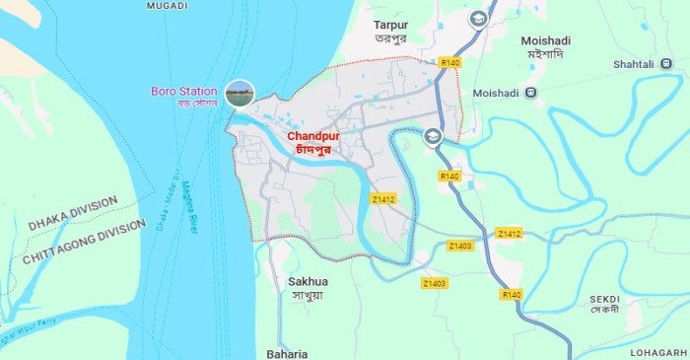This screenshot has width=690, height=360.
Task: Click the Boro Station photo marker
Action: (240, 93)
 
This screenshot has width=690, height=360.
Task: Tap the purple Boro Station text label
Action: (182, 91)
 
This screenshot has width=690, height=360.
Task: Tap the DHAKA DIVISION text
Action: (72, 213)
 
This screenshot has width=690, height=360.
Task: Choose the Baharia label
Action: (287, 353)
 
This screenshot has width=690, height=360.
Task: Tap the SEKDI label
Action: (604, 297)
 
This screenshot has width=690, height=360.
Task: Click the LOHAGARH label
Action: (663, 352)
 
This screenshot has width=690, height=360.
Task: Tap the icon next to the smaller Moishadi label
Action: (531, 93)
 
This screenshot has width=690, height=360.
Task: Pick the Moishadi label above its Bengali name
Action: (545, 40)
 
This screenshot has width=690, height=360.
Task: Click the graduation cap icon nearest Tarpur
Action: (478, 19)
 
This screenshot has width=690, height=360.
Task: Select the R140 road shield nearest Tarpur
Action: (450, 62)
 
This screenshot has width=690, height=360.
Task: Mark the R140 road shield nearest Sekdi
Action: (511, 294)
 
